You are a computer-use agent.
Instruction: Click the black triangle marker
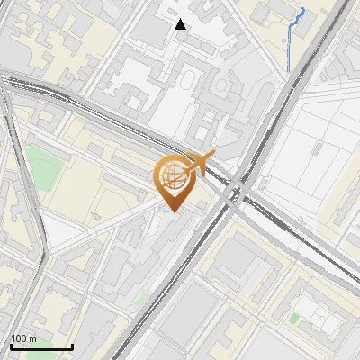pos(181,24)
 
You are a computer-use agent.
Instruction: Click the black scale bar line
pos(41,346)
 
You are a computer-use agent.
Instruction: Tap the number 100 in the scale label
pos(19,338)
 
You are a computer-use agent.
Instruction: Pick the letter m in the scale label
pos(32,338)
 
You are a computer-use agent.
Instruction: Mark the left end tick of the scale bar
pos(11,345)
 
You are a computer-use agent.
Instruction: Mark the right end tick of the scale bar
pos(72,345)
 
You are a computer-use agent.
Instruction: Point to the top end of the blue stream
pos(302,9)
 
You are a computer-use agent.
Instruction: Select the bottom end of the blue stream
pos(288,70)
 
